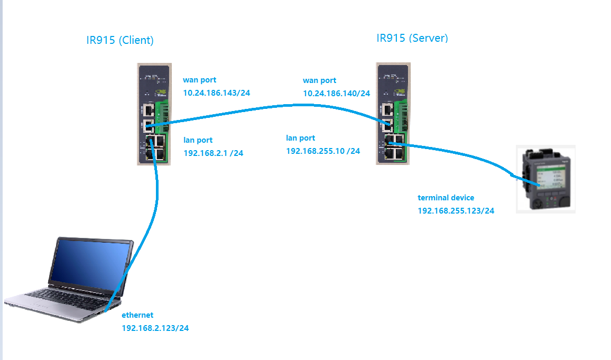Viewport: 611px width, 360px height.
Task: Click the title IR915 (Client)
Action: [120, 40]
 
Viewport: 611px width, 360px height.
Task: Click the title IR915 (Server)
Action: [412, 38]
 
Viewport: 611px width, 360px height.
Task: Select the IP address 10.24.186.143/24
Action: [216, 93]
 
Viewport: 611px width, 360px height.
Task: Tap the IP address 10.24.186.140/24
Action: [336, 94]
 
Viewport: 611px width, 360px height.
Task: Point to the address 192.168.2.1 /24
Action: [213, 153]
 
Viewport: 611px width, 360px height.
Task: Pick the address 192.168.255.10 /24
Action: [322, 151]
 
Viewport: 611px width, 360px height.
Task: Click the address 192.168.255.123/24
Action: [456, 210]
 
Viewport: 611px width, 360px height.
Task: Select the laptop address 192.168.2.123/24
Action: [155, 328]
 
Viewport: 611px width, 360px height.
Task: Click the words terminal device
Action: [446, 198]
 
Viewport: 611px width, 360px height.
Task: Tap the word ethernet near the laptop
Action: [137, 315]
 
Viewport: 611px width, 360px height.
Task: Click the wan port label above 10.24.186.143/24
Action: [199, 80]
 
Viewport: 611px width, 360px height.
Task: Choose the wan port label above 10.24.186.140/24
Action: [319, 81]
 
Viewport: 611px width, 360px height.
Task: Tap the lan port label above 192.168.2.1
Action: [198, 140]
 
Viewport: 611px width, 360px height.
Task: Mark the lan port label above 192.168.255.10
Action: [300, 138]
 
